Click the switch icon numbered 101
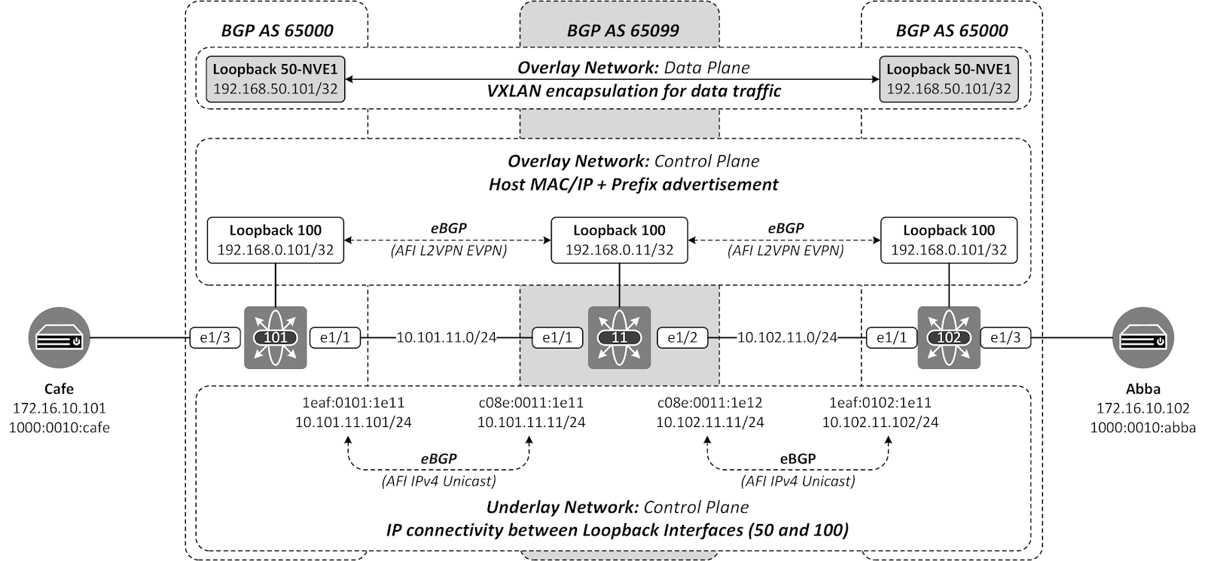275,337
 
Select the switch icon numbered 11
619,337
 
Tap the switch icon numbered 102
948,337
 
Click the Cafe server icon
59,337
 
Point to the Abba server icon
1142,337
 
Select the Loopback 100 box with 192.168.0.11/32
619,240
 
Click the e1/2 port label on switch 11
682,338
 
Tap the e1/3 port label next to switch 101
214,338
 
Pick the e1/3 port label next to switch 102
1005,338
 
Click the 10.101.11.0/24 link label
447,337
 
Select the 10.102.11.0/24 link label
787,337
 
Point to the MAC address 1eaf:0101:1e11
353,403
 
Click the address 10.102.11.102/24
880,422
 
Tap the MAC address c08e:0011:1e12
709,403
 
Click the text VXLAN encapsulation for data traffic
634,91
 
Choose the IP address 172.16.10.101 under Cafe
59,408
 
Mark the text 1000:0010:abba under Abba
1142,428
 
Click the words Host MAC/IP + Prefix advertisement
633,184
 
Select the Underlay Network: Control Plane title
618,507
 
